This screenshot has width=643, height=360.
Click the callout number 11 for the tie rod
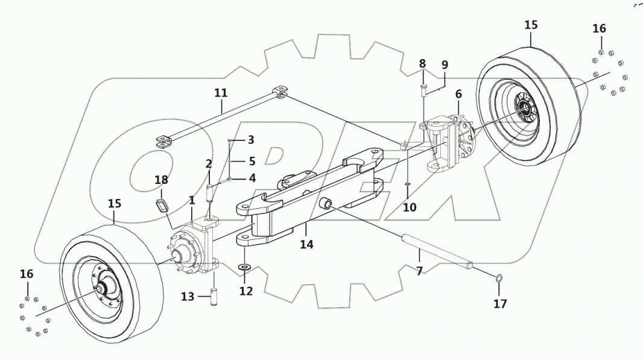coord(221,93)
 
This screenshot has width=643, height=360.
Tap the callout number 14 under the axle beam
coord(306,245)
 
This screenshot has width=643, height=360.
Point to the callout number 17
coord(501,303)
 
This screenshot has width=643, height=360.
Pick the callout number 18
coord(160,180)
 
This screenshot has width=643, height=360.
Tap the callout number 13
coord(188,296)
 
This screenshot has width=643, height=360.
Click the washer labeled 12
coord(244,267)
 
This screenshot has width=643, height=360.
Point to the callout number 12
coord(245,291)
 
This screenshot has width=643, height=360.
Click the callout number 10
coord(410,207)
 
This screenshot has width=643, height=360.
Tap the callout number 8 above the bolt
coord(423,63)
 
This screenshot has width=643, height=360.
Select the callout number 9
coord(445,65)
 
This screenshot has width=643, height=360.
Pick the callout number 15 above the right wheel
coord(531,25)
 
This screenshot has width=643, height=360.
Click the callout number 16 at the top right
coord(599,28)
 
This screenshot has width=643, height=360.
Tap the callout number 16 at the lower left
coord(26,274)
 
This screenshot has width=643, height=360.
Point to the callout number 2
coord(209,163)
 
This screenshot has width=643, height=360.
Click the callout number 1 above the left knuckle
coord(192,200)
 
